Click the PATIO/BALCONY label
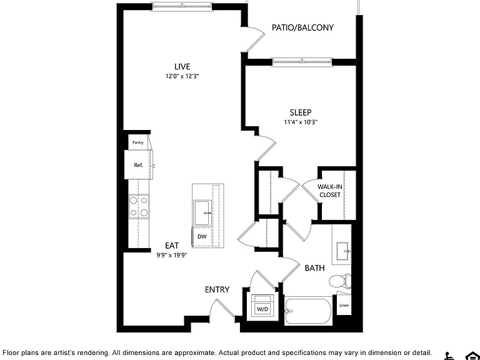(302, 27)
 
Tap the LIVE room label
(182, 66)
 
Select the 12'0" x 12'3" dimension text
(182, 76)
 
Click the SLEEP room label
(301, 112)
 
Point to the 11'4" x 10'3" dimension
(301, 122)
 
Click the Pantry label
(137, 142)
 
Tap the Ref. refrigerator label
(139, 165)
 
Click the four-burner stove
(139, 207)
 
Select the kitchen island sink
(202, 213)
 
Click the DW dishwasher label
(202, 237)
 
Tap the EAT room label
(172, 246)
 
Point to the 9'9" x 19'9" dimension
(172, 255)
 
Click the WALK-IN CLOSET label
(330, 191)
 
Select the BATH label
(315, 268)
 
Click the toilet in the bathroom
(340, 281)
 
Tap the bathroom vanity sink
(342, 251)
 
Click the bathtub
(308, 312)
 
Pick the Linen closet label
(344, 305)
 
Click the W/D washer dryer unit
(262, 306)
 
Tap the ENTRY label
(217, 289)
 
